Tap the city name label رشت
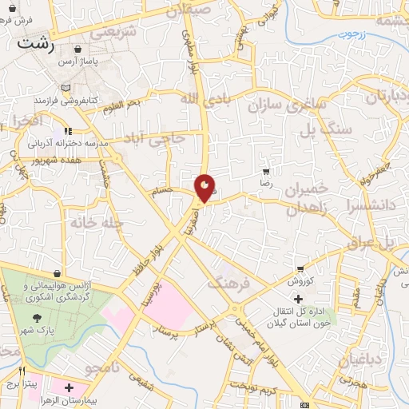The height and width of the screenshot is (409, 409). (x=37, y=43)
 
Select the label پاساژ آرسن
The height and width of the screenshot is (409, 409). (x=85, y=62)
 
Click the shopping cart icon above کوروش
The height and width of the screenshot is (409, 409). (x=300, y=270)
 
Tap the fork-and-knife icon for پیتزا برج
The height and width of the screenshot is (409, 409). (x=22, y=371)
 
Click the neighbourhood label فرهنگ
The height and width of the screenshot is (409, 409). (x=228, y=282)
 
